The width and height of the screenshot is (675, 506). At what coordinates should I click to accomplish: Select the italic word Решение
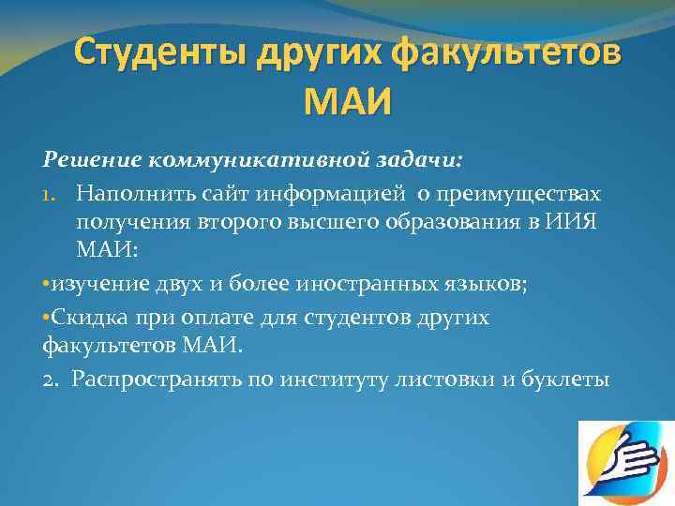(x=88, y=158)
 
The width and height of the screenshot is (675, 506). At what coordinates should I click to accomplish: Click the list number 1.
(x=51, y=193)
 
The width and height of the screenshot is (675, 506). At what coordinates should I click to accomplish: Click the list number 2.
(x=52, y=379)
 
